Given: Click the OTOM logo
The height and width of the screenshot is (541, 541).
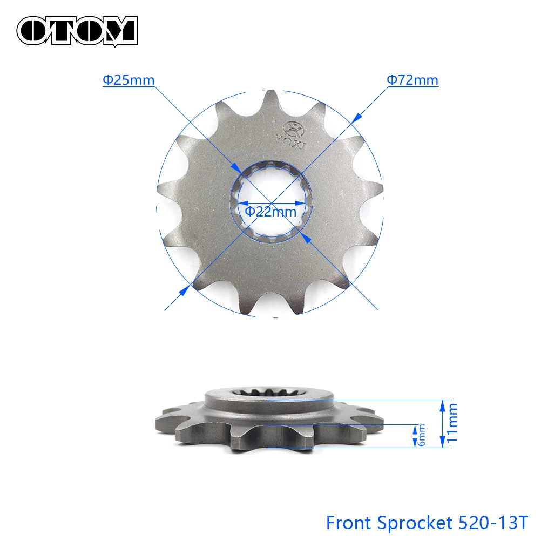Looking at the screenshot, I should (x=77, y=30).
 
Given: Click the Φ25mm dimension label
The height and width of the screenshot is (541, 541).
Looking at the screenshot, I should (x=129, y=80).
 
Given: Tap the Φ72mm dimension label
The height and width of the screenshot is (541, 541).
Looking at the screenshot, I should (x=412, y=80).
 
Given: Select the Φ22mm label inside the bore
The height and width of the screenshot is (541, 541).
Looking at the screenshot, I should (x=270, y=211).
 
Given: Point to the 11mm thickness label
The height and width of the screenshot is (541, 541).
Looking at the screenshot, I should (x=453, y=424).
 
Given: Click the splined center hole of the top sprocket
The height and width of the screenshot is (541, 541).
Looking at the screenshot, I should (x=272, y=200).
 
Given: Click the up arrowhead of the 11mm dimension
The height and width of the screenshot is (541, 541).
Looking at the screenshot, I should (x=443, y=404).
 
